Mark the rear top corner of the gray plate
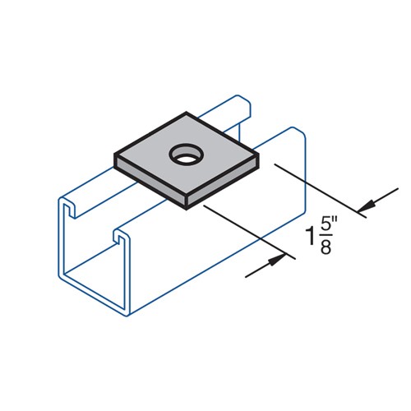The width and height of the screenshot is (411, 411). (189, 113)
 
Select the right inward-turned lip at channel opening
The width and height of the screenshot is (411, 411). (118, 238)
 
